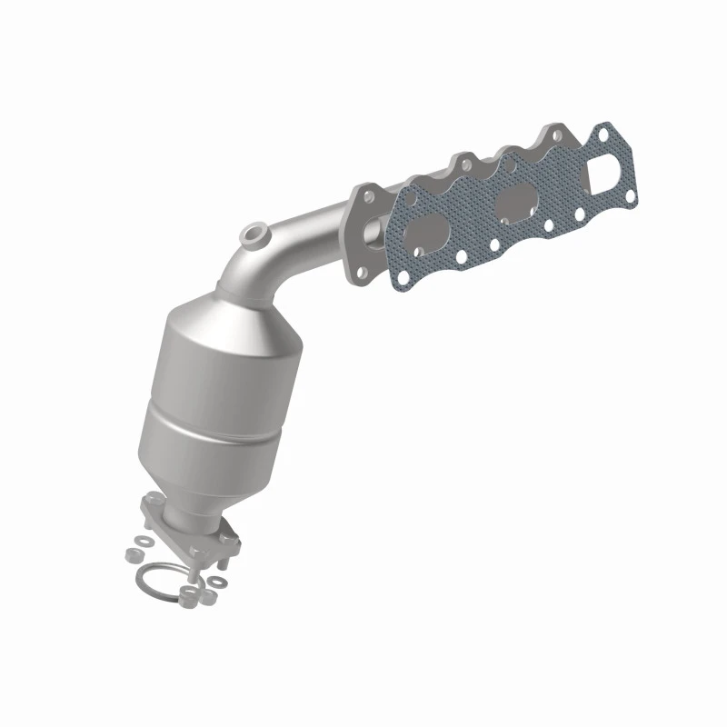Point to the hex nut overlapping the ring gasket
188,593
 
